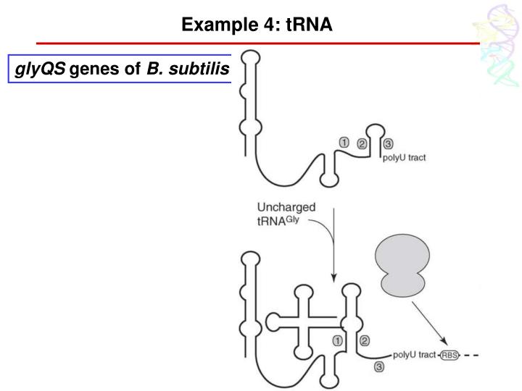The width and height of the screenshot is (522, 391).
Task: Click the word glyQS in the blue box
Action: click(41, 70)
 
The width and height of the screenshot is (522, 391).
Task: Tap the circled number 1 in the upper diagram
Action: click(345, 143)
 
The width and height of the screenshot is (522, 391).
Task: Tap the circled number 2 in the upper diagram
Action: click(362, 143)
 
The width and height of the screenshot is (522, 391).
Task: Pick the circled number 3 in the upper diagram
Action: click(389, 143)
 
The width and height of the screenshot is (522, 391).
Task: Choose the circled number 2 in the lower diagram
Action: click(365, 340)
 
